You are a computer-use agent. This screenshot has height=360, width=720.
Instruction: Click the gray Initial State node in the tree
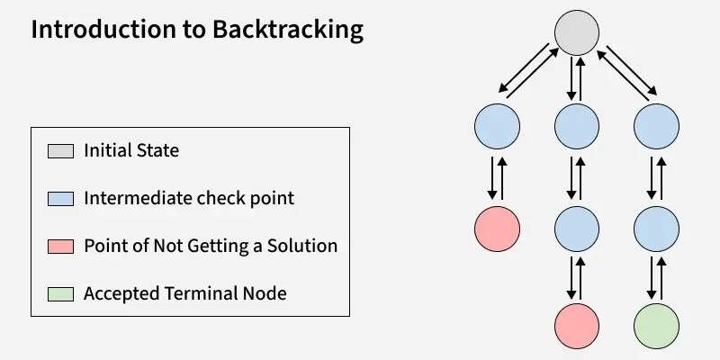click(x=576, y=33)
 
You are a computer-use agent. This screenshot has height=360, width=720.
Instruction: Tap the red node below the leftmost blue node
click(x=498, y=229)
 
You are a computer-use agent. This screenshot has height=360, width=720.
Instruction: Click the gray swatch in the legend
click(x=60, y=150)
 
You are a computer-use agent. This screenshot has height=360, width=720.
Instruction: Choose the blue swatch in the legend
click(x=60, y=198)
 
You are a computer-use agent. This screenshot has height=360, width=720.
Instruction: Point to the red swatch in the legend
click(x=60, y=246)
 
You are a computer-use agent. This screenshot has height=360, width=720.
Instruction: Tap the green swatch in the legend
click(x=60, y=293)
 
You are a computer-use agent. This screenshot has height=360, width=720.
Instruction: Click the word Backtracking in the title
click(x=288, y=30)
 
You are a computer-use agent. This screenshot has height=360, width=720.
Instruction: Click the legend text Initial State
click(x=131, y=150)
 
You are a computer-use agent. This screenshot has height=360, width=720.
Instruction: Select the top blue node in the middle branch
click(x=577, y=126)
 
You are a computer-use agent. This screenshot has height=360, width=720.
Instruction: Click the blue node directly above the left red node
click(x=498, y=126)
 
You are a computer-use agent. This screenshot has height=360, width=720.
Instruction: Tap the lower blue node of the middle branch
click(x=577, y=229)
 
